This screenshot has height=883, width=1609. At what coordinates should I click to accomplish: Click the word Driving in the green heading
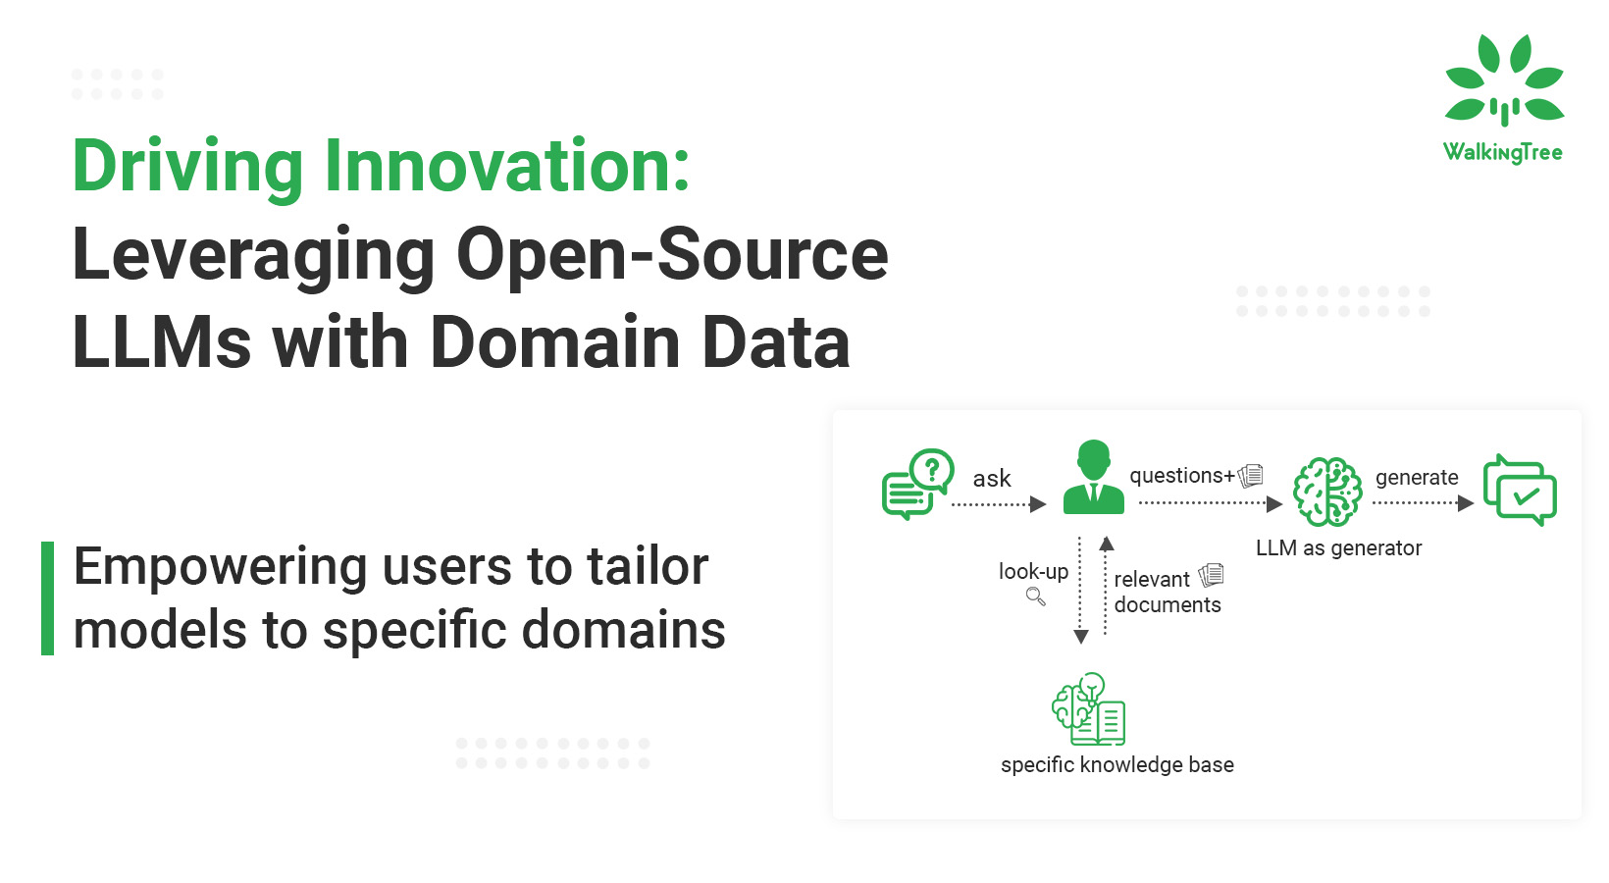tap(186, 169)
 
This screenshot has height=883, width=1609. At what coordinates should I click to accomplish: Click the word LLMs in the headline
tap(162, 341)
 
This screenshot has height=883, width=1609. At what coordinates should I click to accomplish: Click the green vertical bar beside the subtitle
tap(47, 597)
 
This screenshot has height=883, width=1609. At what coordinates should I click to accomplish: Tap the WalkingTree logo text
tap(1503, 153)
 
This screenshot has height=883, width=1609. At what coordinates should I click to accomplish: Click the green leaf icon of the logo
tap(1504, 79)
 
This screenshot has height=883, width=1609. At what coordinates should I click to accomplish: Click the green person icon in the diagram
tap(1093, 477)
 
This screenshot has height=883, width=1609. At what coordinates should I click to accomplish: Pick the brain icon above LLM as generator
tap(1327, 493)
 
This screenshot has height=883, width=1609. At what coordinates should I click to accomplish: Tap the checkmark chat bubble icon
tap(1520, 490)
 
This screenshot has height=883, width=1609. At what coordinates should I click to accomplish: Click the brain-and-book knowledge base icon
tap(1088, 709)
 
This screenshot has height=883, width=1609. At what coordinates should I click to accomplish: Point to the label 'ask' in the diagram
tap(991, 479)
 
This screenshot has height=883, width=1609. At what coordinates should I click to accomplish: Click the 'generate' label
tap(1417, 479)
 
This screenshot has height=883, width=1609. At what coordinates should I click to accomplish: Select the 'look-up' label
tap(1033, 572)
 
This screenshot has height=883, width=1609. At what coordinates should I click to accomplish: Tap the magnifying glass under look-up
tap(1035, 597)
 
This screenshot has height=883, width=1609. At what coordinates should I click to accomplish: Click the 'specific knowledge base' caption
tap(1116, 765)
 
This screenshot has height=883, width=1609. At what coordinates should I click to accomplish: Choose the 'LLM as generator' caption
tap(1338, 548)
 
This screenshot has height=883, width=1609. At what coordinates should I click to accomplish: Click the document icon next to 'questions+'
tap(1251, 476)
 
